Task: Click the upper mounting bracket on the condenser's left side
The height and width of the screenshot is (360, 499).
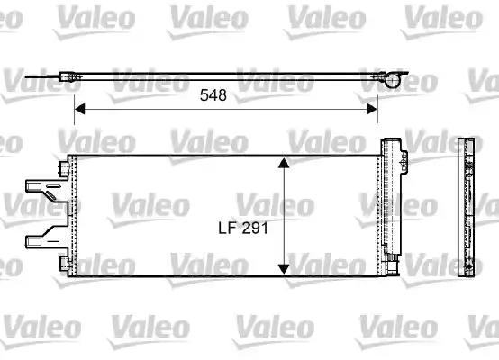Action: (x=41, y=189)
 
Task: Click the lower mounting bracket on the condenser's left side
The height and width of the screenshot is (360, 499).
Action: (x=41, y=238)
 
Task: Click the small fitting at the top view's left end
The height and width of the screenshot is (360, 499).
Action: (x=69, y=78)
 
